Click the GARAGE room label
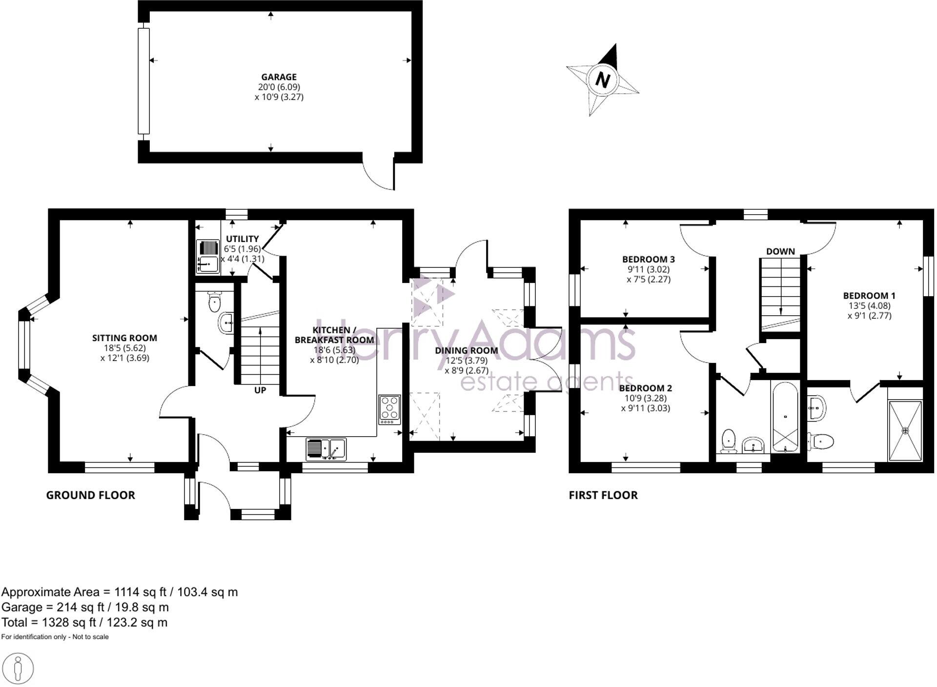point(279,77)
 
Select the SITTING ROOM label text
point(124,338)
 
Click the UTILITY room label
point(242,239)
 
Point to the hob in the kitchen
point(389,409)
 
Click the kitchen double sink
point(326,448)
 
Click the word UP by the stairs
point(260,390)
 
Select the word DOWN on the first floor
point(780,251)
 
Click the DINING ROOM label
point(466,350)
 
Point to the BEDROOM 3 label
point(648,259)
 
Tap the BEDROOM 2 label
point(645,388)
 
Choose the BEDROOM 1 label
point(869,296)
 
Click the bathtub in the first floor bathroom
point(785,418)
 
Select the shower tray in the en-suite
point(905,431)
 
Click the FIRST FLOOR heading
point(603,495)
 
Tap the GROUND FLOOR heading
point(90,495)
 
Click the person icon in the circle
point(18,668)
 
